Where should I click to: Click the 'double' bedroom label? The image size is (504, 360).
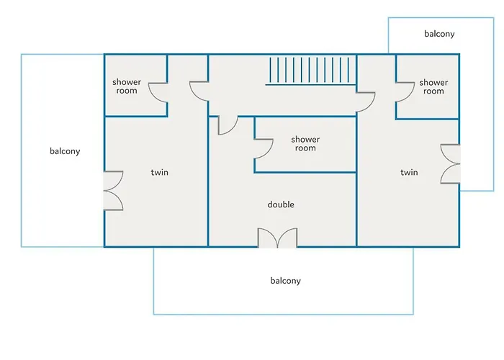pyautogui.click(x=281, y=204)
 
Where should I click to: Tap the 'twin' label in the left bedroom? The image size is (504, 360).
pyautogui.click(x=159, y=172)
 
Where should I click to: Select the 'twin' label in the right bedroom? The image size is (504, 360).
pyautogui.click(x=409, y=172)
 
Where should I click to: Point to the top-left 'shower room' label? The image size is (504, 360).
pyautogui.click(x=127, y=86)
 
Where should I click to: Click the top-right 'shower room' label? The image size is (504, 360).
pyautogui.click(x=433, y=87)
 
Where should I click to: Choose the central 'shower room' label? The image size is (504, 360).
pyautogui.click(x=305, y=144)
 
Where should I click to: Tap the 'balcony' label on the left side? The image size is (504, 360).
pyautogui.click(x=65, y=151)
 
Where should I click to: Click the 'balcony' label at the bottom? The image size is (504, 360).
pyautogui.click(x=285, y=281)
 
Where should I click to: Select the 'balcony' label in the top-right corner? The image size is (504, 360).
pyautogui.click(x=439, y=34)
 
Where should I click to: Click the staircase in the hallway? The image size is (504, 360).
pyautogui.click(x=310, y=70)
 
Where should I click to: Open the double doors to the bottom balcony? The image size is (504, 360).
pyautogui.click(x=277, y=238)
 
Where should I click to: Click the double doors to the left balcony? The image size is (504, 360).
pyautogui.click(x=113, y=191)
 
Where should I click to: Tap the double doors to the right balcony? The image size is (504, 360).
pyautogui.click(x=450, y=164)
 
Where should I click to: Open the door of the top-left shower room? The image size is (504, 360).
pyautogui.click(x=158, y=93)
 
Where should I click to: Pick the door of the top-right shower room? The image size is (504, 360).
pyautogui.click(x=405, y=92)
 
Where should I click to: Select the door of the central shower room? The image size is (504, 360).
pyautogui.click(x=264, y=149)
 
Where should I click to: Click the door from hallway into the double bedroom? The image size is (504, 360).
pyautogui.click(x=228, y=125)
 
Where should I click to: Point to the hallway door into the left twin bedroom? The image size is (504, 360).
pyautogui.click(x=199, y=91)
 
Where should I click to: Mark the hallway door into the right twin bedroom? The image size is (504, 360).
pyautogui.click(x=366, y=102)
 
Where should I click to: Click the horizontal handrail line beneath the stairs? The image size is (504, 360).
pyautogui.click(x=310, y=85)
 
